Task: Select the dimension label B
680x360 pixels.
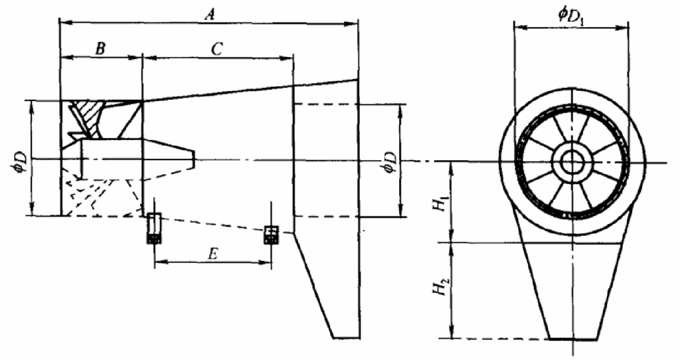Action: pos(100,48)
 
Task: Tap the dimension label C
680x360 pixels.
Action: pos(216,49)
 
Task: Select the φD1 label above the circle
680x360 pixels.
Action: pos(571,17)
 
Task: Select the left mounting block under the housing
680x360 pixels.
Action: pos(154,228)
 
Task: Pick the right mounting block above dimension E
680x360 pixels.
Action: pos(271,235)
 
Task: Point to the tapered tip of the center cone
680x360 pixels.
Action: pos(194,159)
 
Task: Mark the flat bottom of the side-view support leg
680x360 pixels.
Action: pos(346,338)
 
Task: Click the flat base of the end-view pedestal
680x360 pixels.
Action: pos(573,339)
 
